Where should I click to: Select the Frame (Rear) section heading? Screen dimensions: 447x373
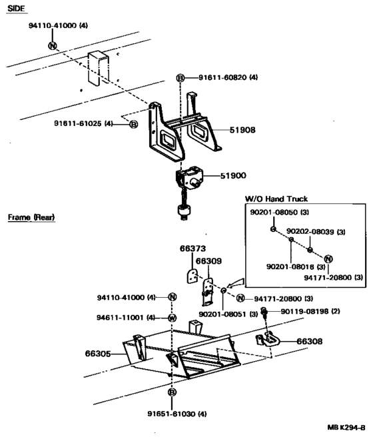31,217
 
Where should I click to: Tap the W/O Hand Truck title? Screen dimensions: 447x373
272,199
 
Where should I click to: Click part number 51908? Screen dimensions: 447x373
244,129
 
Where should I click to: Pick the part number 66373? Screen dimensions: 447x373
191,249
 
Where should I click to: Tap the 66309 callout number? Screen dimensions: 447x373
208,261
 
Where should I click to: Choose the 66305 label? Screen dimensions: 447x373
99,354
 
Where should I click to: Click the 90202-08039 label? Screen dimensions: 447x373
311,232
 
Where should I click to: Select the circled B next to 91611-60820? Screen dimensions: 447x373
180,78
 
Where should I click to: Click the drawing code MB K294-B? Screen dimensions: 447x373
346,427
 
